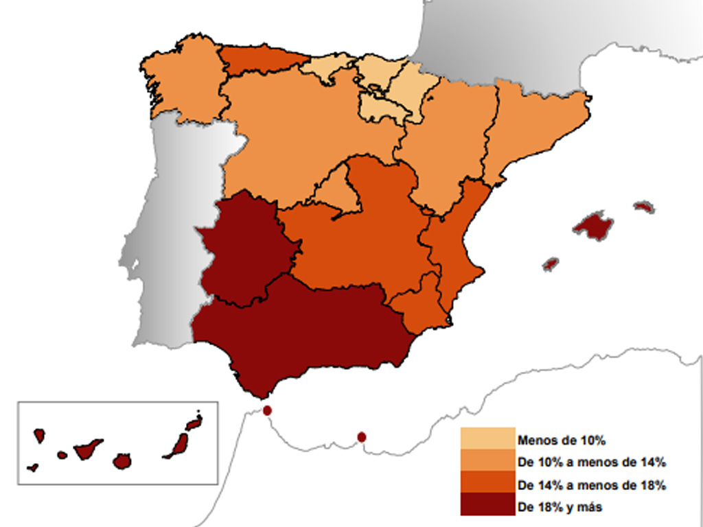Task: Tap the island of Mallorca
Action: (593, 226)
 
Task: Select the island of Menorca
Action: (644, 207)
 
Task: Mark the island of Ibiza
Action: (551, 263)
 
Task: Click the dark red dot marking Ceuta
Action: (267, 410)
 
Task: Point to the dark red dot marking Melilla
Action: (362, 436)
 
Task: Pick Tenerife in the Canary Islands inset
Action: (87, 450)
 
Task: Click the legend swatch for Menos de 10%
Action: (487, 439)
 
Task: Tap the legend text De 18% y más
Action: (561, 507)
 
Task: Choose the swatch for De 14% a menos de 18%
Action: (487, 483)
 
